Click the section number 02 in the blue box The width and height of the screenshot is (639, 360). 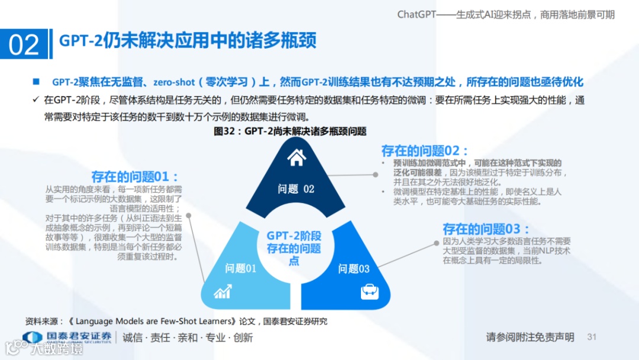coord(24,45)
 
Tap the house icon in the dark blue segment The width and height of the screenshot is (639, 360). coord(296,157)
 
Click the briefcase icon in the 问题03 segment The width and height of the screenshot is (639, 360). coord(369,291)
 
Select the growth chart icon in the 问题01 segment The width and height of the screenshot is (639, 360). coord(222,291)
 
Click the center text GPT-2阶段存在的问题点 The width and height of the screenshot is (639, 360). coord(293,248)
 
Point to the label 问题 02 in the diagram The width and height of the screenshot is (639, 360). coord(296,189)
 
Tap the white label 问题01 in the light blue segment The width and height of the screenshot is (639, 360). coord(240,268)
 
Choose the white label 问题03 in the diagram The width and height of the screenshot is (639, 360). coord(354,269)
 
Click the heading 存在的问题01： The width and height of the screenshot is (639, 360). coord(135,176)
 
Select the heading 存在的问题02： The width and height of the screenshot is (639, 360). coord(425,150)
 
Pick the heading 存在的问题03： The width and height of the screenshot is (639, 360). coord(486,229)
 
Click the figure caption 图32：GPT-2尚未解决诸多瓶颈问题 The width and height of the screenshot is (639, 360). coord(290,131)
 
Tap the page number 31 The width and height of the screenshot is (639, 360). coord(592,337)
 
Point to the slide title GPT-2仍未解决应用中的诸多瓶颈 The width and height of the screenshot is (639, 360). coord(188,40)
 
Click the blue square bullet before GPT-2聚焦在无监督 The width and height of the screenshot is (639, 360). coord(36,81)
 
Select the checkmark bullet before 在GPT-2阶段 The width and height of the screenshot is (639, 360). coord(36,99)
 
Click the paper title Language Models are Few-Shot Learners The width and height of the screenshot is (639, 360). coord(156,322)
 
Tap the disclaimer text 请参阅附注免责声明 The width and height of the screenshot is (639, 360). coord(530,337)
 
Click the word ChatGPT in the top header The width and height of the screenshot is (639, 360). coord(416,14)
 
